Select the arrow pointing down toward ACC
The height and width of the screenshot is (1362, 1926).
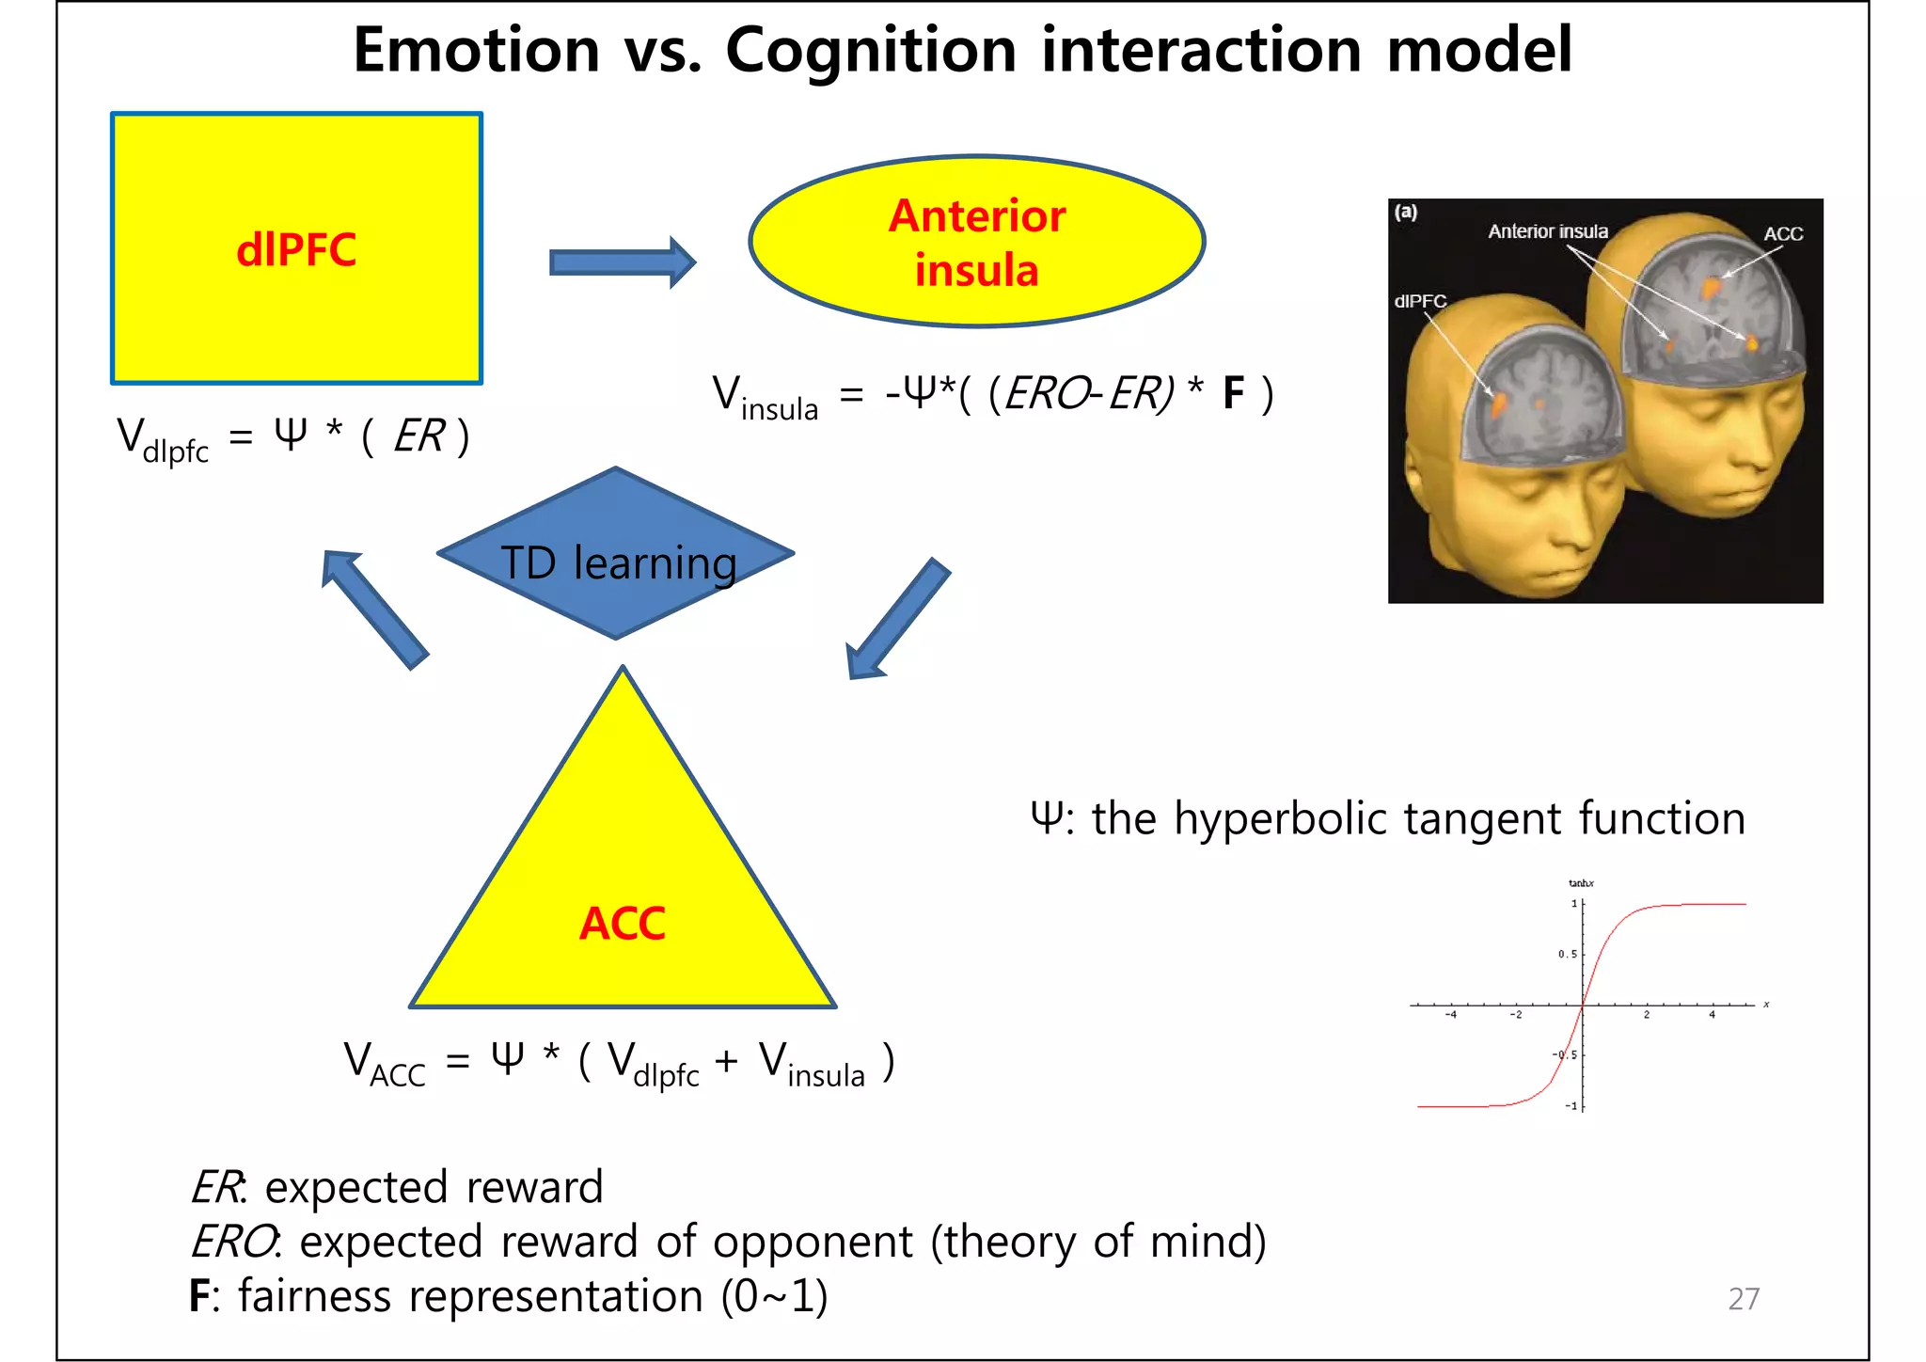coord(898,620)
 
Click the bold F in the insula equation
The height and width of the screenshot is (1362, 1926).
coord(1233,393)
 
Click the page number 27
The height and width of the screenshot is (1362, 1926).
coord(1744,1298)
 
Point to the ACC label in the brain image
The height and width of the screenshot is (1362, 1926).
coord(1783,234)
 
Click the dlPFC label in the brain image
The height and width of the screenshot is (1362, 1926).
coord(1420,301)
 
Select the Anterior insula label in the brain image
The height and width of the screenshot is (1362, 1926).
coord(1548,231)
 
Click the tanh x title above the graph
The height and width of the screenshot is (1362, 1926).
coord(1581,883)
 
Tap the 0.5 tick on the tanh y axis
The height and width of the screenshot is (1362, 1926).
coord(1567,954)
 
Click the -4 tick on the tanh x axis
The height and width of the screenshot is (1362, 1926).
coord(1451,1015)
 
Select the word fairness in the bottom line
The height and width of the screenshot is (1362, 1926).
coord(314,1296)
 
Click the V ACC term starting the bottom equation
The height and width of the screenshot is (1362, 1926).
coord(384,1063)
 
